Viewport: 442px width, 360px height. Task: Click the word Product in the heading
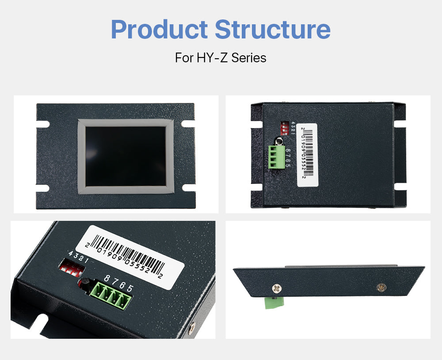(x=159, y=29)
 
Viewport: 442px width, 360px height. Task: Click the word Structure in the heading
(x=273, y=29)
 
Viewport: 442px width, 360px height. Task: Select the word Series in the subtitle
(x=249, y=58)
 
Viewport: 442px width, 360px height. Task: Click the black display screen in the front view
(x=126, y=156)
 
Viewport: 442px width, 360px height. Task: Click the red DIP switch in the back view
(x=284, y=128)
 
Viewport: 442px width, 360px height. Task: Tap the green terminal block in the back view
(x=277, y=157)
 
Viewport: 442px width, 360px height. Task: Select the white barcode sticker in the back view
(x=307, y=155)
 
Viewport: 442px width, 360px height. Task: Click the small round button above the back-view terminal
(x=279, y=141)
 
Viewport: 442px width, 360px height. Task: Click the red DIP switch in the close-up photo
(x=72, y=269)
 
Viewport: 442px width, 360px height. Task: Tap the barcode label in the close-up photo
(x=130, y=257)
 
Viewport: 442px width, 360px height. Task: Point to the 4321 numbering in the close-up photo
(x=78, y=257)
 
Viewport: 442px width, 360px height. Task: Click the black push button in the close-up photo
(x=84, y=284)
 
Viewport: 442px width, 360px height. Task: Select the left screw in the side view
(x=277, y=288)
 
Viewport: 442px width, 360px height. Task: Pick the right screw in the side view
(x=381, y=287)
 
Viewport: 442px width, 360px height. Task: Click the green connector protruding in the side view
(x=274, y=303)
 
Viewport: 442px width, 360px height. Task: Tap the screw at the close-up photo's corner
(x=192, y=328)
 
